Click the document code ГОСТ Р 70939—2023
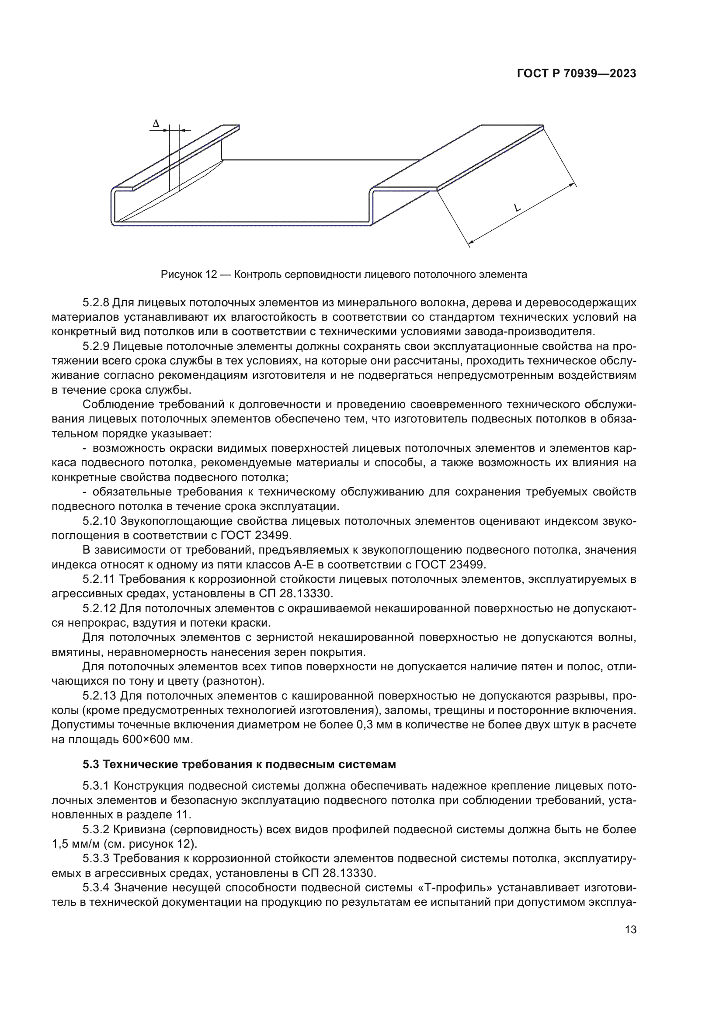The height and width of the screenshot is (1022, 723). tap(577, 74)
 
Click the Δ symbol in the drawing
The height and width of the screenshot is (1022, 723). tap(155, 124)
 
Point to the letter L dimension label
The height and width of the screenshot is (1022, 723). tap(517, 208)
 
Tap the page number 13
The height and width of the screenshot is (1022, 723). tap(630, 929)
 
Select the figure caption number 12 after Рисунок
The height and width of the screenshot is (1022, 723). tap(211, 275)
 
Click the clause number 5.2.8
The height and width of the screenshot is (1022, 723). tap(96, 303)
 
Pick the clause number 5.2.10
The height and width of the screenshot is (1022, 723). tap(98, 521)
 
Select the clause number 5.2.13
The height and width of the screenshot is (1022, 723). tap(98, 696)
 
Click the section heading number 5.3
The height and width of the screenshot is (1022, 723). tap(91, 765)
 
